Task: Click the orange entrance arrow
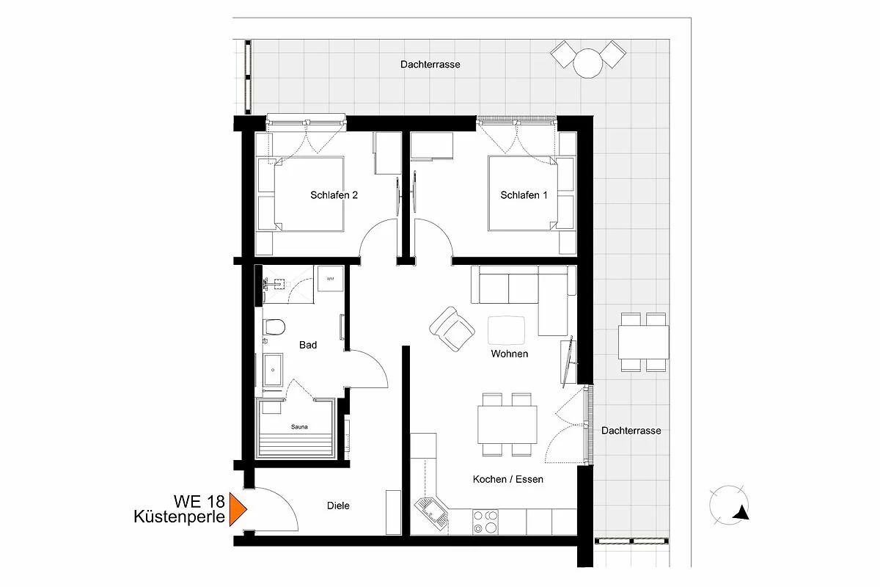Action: [x=237, y=509]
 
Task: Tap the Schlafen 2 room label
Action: [x=334, y=195]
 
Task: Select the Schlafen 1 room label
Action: [x=524, y=195]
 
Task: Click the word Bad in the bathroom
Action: [x=308, y=345]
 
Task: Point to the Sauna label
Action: [x=299, y=426]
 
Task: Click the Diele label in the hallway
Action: [x=338, y=506]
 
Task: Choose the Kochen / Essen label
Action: [x=508, y=479]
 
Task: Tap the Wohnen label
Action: [x=510, y=354]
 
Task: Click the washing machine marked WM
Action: [x=331, y=279]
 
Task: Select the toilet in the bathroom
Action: [x=274, y=327]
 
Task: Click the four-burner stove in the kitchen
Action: [x=485, y=522]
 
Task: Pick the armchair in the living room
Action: [x=452, y=329]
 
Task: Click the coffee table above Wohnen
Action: [x=507, y=331]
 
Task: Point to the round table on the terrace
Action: [x=587, y=63]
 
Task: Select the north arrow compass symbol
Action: [x=729, y=506]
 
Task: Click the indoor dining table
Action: [x=507, y=425]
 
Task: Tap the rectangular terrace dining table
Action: [x=644, y=342]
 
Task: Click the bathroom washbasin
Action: [x=273, y=370]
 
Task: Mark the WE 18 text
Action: [x=199, y=502]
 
